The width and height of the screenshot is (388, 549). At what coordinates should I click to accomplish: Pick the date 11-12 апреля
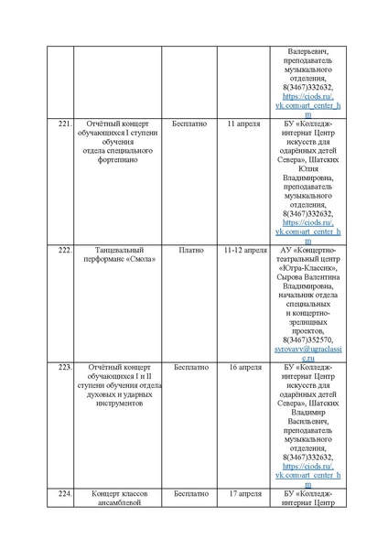click(x=244, y=249)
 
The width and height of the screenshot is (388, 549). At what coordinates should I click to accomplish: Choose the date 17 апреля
click(x=243, y=493)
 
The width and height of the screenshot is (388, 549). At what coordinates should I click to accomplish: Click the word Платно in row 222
click(x=191, y=249)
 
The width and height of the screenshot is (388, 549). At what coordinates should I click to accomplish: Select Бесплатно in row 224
click(x=191, y=493)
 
